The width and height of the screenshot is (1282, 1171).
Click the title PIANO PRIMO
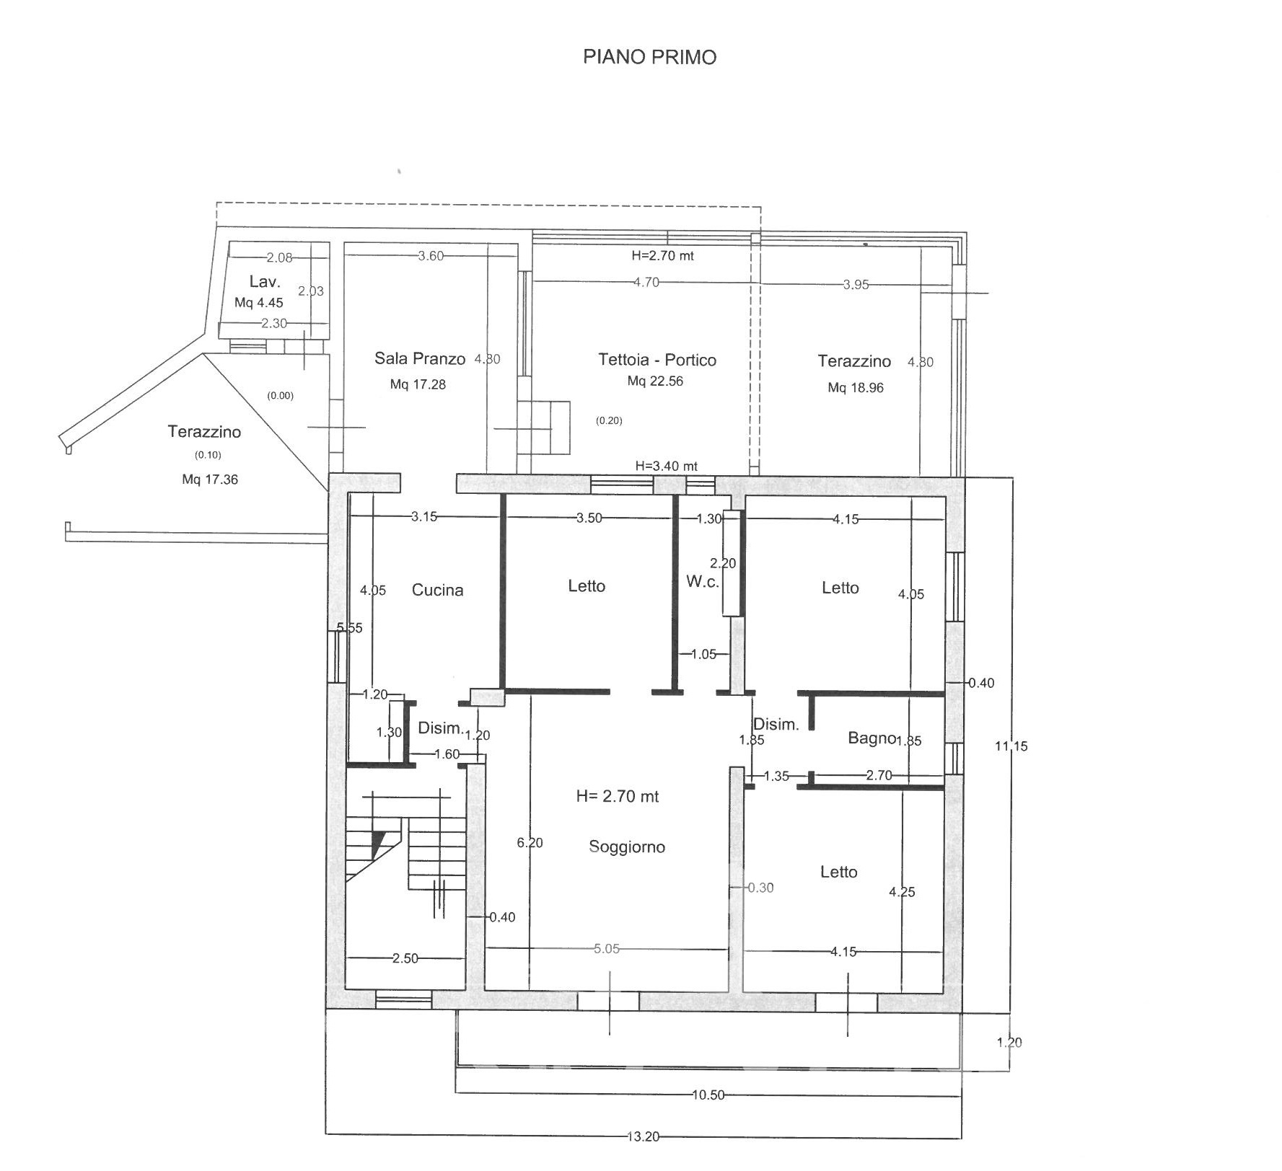click(x=649, y=57)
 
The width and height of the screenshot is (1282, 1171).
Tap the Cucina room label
click(x=437, y=590)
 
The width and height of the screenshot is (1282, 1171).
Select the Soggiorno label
click(x=626, y=847)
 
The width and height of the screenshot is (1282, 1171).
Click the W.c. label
click(x=702, y=582)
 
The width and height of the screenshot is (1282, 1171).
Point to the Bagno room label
click(x=872, y=738)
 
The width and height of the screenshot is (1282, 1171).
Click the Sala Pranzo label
click(x=420, y=358)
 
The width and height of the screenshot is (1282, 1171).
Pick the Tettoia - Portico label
click(x=657, y=360)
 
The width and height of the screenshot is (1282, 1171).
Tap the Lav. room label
click(x=264, y=282)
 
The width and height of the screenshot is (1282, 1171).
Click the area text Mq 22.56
click(x=655, y=381)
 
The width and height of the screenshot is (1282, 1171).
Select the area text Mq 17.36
click(x=210, y=480)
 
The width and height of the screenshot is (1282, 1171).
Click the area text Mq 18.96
click(x=856, y=388)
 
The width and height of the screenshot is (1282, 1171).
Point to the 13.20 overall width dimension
click(x=643, y=1136)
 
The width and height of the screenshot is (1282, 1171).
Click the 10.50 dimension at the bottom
click(x=708, y=1095)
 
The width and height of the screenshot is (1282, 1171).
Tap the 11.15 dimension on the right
click(x=1011, y=746)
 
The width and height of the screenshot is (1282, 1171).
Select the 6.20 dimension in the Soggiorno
click(x=530, y=842)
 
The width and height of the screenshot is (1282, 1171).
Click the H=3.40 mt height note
click(x=666, y=467)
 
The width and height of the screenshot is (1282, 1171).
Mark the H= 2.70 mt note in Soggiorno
click(x=618, y=796)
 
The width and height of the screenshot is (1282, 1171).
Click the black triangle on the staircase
click(x=377, y=842)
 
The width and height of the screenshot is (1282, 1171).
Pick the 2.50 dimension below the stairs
click(x=405, y=958)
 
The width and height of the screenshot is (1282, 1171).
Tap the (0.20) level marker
click(x=609, y=421)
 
